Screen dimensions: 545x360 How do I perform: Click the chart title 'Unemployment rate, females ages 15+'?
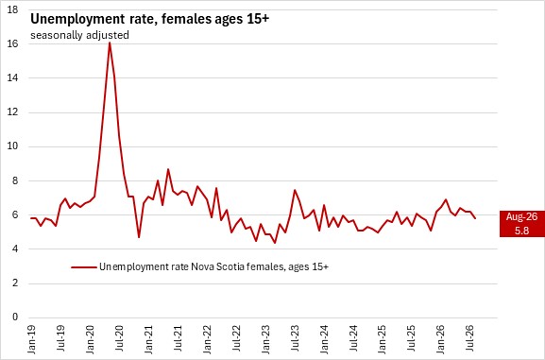tap(150, 19)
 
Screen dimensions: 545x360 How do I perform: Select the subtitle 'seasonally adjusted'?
tap(79, 35)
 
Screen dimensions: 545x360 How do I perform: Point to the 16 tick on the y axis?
tap(12, 43)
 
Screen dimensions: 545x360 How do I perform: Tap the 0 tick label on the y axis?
tap(15, 317)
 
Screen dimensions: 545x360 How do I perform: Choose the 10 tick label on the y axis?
tap(12, 146)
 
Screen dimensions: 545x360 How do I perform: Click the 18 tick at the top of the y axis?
tap(12, 9)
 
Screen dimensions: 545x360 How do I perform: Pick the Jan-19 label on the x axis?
tap(31, 339)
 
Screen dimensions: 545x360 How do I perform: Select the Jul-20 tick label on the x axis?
tap(119, 338)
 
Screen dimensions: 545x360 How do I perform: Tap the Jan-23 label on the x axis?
tap(266, 339)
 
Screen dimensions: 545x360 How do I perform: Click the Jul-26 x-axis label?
tap(471, 338)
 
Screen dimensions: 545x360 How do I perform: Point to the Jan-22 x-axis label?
tap(207, 339)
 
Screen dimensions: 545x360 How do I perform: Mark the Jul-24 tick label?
tap(354, 338)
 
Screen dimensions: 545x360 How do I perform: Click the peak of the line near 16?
tap(110, 43)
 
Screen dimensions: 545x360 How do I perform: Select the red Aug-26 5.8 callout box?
tap(522, 224)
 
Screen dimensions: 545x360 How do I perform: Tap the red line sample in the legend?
tap(83, 267)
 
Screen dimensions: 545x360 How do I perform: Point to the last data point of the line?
tap(475, 218)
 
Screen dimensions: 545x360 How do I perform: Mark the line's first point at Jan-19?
tap(31, 218)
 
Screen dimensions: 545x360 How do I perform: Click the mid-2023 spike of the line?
tap(295, 190)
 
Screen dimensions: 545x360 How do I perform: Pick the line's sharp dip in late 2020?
tap(139, 237)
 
